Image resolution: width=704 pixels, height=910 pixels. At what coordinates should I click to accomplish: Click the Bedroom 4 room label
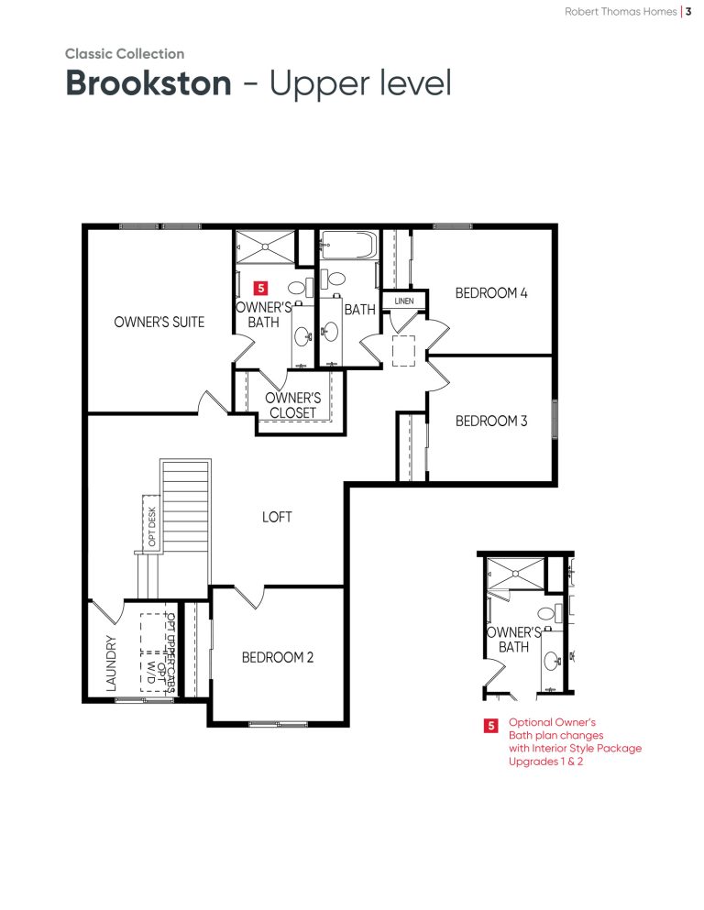491,293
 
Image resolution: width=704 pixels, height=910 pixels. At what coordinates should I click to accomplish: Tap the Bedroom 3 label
491,421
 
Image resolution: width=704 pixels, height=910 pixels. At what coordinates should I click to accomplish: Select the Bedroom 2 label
278,658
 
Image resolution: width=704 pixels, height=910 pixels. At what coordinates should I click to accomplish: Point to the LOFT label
277,517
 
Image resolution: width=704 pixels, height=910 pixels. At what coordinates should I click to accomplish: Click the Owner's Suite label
159,322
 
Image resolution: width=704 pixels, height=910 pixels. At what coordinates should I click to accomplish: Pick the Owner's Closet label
292,405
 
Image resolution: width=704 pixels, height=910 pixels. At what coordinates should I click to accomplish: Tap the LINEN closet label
404,302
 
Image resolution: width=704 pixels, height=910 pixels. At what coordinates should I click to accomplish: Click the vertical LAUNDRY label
112,663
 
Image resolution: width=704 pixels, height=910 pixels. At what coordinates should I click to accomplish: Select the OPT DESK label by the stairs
152,526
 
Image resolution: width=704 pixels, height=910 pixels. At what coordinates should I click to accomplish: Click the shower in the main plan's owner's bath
265,247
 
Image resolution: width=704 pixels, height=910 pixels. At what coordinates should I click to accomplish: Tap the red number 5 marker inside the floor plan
260,288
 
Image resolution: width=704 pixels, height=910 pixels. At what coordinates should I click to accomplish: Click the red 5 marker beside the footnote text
491,726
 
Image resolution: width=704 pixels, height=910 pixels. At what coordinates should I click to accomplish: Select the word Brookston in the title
148,83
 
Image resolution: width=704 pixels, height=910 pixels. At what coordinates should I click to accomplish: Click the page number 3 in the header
688,12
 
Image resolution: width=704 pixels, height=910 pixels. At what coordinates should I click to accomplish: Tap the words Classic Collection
125,54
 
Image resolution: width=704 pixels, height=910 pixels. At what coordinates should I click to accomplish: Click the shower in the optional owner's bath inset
515,574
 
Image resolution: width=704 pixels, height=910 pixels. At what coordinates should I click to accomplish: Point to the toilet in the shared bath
333,280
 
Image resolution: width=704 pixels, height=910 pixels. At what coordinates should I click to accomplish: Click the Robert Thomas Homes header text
621,12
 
